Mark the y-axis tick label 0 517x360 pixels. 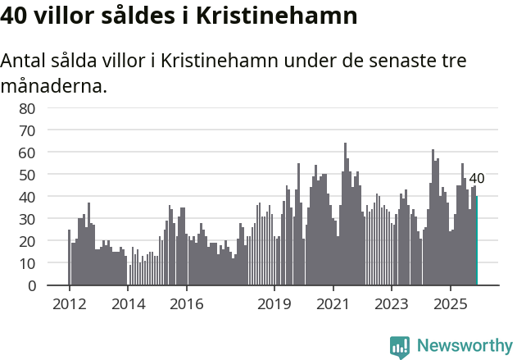click(x=30, y=285)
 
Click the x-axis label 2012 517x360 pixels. click(x=69, y=305)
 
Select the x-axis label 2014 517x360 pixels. click(x=127, y=305)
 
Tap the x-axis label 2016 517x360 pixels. click(x=186, y=305)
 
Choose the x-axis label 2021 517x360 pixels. click(x=333, y=305)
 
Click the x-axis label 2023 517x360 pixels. click(x=391, y=305)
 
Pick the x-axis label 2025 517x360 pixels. click(x=450, y=305)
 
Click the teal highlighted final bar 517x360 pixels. click(x=476, y=241)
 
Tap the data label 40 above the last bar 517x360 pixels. click(x=476, y=179)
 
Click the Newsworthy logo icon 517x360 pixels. click(x=400, y=346)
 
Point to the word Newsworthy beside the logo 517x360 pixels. click(x=464, y=346)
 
